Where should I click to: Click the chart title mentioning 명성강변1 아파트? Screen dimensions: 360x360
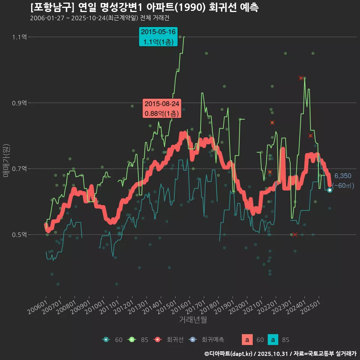click(144, 7)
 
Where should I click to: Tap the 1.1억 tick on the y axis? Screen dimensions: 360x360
click(19, 37)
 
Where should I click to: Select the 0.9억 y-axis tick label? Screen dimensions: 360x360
click(19, 103)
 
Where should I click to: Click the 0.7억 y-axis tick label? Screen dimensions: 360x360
click(19, 169)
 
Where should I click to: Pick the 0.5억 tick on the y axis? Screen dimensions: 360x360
click(19, 235)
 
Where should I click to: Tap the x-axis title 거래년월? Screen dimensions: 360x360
click(193, 320)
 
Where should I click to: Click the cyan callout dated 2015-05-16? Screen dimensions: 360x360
click(158, 37)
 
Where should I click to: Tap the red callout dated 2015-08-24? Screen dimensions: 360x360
click(162, 108)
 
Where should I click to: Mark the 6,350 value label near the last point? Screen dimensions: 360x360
click(343, 176)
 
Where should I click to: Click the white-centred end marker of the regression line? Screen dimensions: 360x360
click(330, 190)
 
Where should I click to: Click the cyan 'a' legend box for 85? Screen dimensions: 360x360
click(274, 340)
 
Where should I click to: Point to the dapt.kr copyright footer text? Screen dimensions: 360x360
click(280, 354)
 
